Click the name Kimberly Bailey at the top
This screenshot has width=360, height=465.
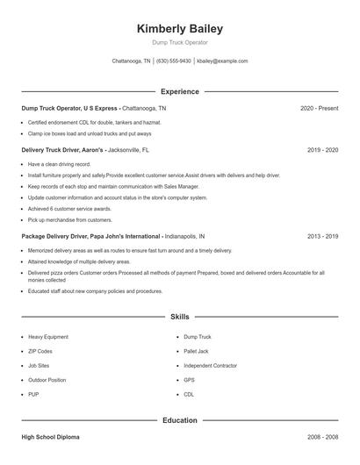coord(179,28)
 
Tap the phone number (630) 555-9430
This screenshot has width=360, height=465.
coord(174,61)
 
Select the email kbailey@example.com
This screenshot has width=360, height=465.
coord(222,61)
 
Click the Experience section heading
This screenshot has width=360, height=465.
coord(179,91)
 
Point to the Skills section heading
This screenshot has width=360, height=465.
coord(179,316)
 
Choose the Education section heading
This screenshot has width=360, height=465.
coord(179,420)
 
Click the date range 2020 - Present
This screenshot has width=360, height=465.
coord(319,108)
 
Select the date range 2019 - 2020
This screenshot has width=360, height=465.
coord(322,150)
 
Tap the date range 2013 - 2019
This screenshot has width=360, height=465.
coord(322,236)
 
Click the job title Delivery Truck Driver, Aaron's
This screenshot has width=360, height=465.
coord(56,150)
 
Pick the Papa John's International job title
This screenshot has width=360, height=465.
coord(91,236)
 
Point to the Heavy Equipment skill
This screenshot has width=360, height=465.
coord(47,336)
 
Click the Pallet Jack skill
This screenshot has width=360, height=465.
coord(198,351)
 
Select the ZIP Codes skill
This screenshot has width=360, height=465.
coord(40,351)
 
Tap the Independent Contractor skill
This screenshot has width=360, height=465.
coord(211,365)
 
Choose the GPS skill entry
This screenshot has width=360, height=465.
coord(189,380)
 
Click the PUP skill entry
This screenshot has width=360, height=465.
coord(34,395)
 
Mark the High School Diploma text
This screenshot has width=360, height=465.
coord(50,436)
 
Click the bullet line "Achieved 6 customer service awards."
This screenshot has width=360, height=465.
coord(69,209)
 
